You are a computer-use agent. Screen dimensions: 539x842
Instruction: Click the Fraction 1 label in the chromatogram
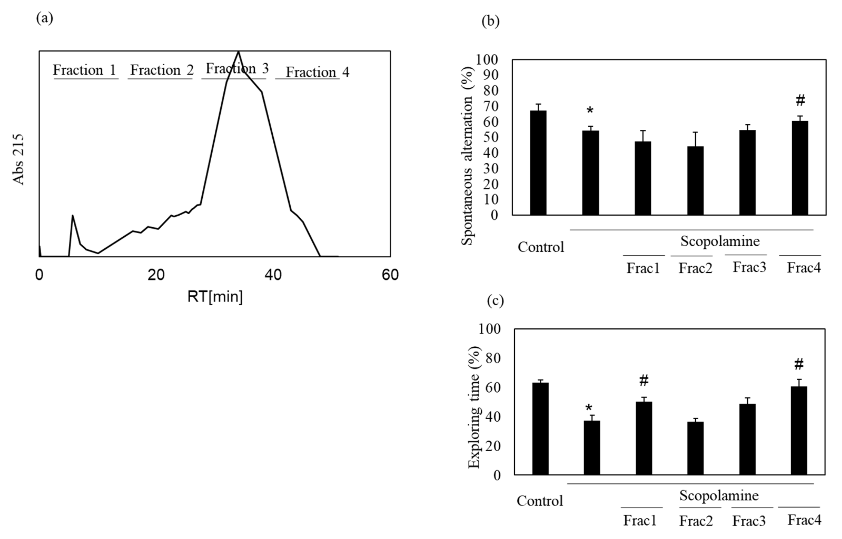point(84,70)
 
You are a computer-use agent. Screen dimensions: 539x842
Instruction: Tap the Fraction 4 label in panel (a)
point(317,73)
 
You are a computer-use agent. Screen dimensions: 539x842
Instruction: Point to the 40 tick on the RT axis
point(273,275)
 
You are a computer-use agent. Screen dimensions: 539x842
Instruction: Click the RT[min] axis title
point(215,297)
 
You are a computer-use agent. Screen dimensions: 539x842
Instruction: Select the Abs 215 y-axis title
point(18,159)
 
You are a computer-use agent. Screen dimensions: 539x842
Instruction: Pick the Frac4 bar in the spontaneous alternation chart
point(800,168)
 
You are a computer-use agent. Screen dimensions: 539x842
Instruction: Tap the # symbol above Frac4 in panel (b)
point(800,101)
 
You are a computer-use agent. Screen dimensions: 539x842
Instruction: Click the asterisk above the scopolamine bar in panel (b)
point(590,111)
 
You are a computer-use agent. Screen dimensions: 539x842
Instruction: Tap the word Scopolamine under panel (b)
point(720,241)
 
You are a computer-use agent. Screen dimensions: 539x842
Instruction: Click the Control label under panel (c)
point(540,501)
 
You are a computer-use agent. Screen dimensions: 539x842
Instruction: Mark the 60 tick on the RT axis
point(390,275)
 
